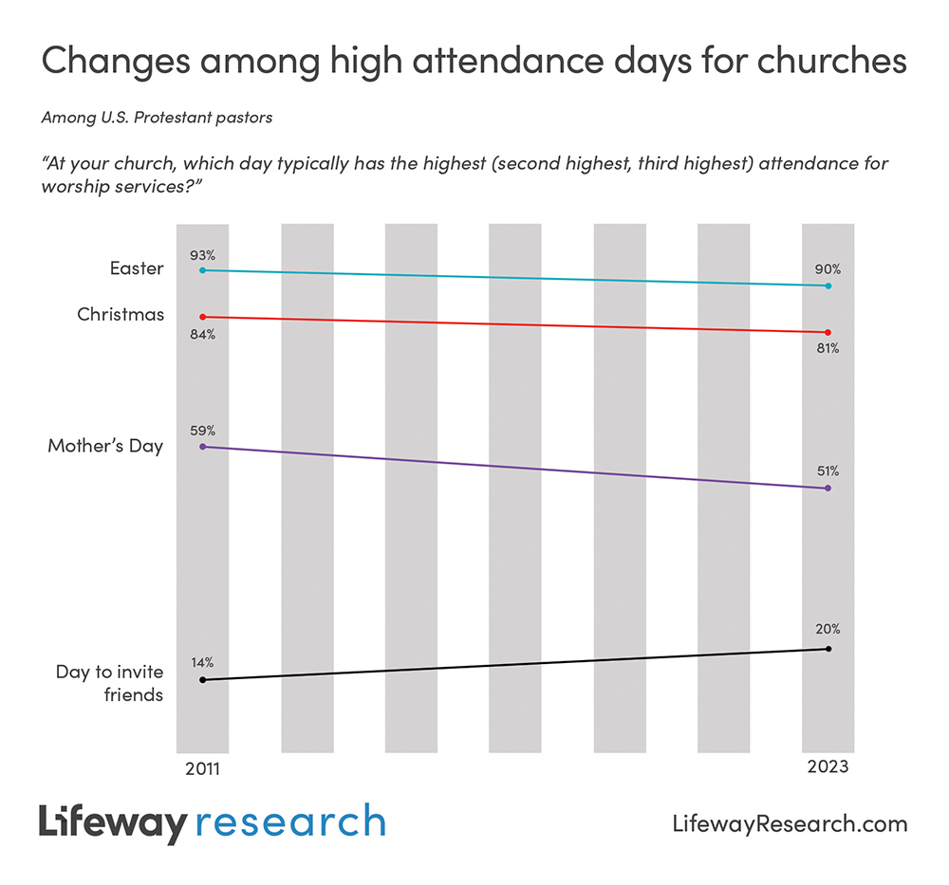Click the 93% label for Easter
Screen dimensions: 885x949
tap(202, 255)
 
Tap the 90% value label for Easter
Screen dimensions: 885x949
tap(828, 269)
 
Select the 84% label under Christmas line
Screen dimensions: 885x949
tap(202, 334)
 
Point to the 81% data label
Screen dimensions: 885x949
tap(828, 348)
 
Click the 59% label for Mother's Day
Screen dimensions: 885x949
tap(202, 430)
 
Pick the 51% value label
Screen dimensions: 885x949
tap(828, 471)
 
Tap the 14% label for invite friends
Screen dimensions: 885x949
tap(202, 662)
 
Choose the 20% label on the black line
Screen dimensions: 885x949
tap(828, 629)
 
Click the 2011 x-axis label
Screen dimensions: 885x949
tap(202, 767)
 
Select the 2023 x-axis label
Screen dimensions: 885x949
tap(828, 767)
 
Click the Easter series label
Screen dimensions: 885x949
tap(137, 268)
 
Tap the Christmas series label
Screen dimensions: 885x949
tap(121, 314)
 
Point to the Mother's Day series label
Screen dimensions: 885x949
tap(105, 446)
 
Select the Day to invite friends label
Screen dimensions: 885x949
tap(109, 683)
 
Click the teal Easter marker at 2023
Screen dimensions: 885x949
tap(828, 286)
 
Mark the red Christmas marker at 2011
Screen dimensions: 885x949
tap(202, 316)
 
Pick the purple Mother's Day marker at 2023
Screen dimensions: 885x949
tap(828, 489)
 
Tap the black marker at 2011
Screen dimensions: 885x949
tap(202, 680)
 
